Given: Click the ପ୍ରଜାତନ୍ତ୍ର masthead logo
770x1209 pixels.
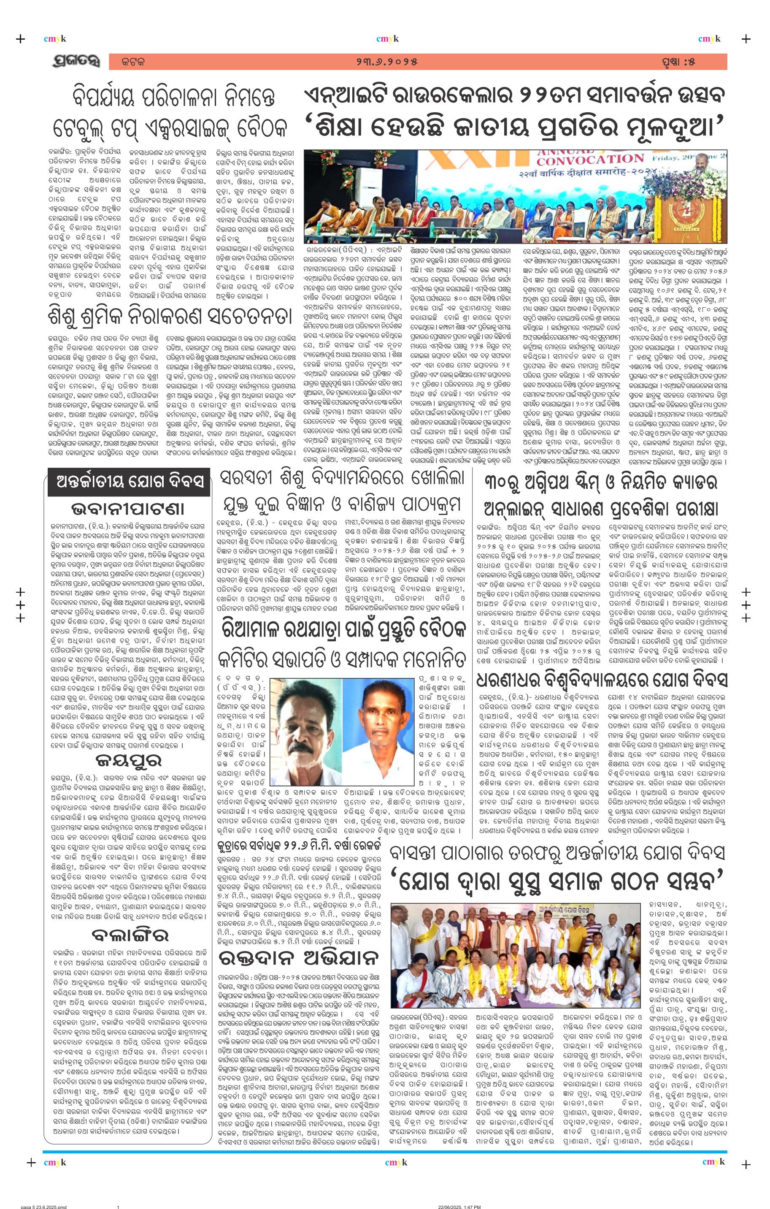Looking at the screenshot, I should pos(75,61).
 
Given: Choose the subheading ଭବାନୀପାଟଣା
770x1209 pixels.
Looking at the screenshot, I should pos(127,509).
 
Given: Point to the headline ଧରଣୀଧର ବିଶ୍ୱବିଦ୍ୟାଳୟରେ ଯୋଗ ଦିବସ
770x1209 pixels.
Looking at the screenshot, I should pos(601,680).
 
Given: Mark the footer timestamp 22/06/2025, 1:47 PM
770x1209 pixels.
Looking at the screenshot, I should pos(459,1205).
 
